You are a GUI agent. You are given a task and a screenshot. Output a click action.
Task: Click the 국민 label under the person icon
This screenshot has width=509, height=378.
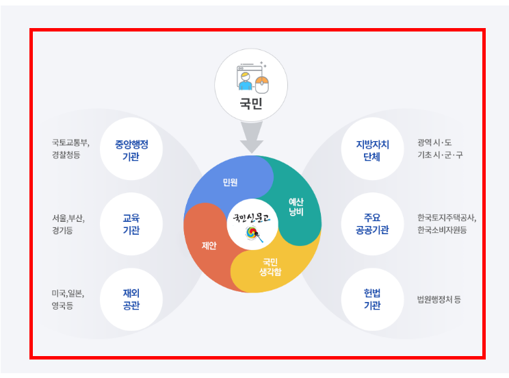[x=251, y=105]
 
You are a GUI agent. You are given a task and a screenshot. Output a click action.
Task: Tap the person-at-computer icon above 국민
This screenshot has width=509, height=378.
[x=251, y=76]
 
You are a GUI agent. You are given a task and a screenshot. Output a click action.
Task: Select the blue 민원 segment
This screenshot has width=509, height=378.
[x=229, y=182]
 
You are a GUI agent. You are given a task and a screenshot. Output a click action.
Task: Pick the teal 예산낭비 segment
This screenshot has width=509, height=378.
[x=296, y=205]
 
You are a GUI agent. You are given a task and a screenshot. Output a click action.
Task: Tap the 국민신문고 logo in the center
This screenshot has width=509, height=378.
[x=252, y=224]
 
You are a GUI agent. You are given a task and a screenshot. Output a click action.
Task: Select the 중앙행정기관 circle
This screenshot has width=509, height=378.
[x=131, y=150]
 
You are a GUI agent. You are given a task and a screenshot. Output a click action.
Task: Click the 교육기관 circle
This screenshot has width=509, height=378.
[x=131, y=224]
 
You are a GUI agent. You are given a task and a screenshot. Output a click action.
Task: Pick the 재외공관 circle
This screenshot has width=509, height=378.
[x=131, y=299]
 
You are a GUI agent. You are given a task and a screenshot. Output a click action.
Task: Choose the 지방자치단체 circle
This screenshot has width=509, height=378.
[x=372, y=150]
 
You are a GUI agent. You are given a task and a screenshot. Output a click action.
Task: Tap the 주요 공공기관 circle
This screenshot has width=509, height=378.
[x=372, y=224]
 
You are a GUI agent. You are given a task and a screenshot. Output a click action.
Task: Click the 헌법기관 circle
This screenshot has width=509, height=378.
[x=372, y=299]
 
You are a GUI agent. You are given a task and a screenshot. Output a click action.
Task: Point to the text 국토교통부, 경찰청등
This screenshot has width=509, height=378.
[x=70, y=149]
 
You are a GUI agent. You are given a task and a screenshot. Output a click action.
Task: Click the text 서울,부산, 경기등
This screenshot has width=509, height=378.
[x=67, y=224]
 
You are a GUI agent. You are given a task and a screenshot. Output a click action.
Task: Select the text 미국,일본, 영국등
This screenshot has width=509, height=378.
[x=67, y=299]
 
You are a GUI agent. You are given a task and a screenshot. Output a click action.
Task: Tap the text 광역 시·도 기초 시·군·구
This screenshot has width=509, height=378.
[x=440, y=149]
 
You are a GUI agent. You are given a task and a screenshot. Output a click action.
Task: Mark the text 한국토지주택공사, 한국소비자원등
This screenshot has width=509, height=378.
[x=446, y=224]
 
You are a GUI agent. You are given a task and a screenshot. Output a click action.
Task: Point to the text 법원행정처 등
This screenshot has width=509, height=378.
[x=439, y=299]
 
